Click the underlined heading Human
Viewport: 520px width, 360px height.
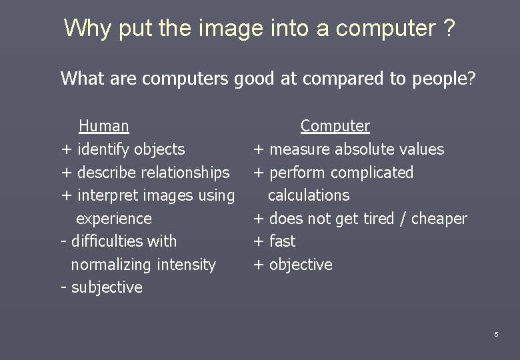point(104,125)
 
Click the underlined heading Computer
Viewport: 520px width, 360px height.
point(335,125)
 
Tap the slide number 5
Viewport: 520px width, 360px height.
point(496,334)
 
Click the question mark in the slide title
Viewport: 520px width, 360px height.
point(449,28)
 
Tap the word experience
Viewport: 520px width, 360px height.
point(114,219)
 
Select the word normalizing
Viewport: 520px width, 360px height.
point(111,265)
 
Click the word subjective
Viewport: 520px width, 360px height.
point(107,287)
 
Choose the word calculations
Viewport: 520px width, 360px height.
point(309,195)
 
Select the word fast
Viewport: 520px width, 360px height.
point(282,241)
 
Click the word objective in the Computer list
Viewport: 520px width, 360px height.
point(301,265)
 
